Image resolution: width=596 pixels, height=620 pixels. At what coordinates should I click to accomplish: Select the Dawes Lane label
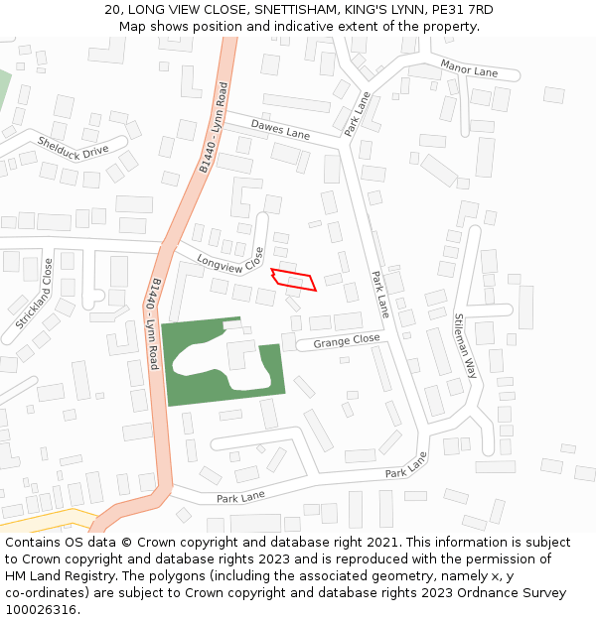point(280,130)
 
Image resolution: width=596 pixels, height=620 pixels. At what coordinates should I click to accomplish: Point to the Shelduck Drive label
point(73,146)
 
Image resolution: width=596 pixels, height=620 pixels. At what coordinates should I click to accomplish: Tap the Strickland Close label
point(35,294)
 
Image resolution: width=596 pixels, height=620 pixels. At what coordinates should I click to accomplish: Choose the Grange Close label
point(347,341)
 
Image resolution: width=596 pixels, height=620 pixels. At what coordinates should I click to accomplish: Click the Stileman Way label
point(465,345)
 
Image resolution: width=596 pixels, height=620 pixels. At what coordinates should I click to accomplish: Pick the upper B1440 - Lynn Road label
point(214,129)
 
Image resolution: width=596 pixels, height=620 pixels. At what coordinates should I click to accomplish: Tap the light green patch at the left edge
point(3,89)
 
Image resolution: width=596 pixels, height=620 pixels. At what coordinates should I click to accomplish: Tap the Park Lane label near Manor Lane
point(357,114)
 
